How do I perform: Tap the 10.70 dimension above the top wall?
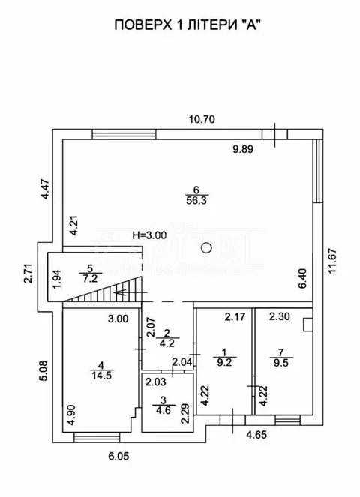point(202,119)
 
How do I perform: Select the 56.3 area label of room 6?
point(196,200)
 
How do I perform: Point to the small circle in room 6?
point(206,247)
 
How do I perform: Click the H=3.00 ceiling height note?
point(149,235)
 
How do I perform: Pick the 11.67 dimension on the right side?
point(331,261)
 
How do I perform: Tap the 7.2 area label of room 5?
point(91,279)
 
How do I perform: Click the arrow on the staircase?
point(130,292)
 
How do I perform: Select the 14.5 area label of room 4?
point(102,376)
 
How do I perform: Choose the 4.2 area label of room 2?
point(167,343)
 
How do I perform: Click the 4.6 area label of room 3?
point(163,410)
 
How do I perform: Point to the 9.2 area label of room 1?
point(224,362)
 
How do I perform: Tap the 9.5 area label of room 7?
point(281,362)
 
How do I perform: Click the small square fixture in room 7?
point(308,325)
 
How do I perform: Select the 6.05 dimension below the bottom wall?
point(118,456)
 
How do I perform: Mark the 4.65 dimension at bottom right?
point(256,434)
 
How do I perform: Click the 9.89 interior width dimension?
point(243,149)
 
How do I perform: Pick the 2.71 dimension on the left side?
point(28,273)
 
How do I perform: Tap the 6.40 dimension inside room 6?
point(303,278)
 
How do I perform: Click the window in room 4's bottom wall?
point(97,438)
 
